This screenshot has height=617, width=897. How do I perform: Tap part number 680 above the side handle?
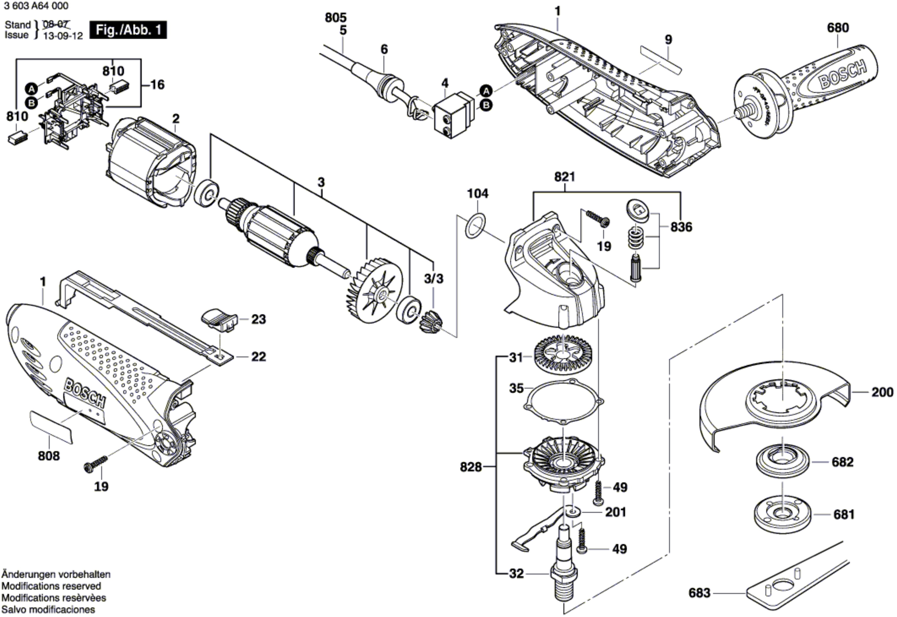click(838, 28)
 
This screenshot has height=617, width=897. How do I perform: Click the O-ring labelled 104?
click(475, 226)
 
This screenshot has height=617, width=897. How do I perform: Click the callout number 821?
click(564, 177)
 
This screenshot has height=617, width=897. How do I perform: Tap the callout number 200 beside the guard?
click(882, 392)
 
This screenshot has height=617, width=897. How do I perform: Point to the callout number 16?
click(157, 84)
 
